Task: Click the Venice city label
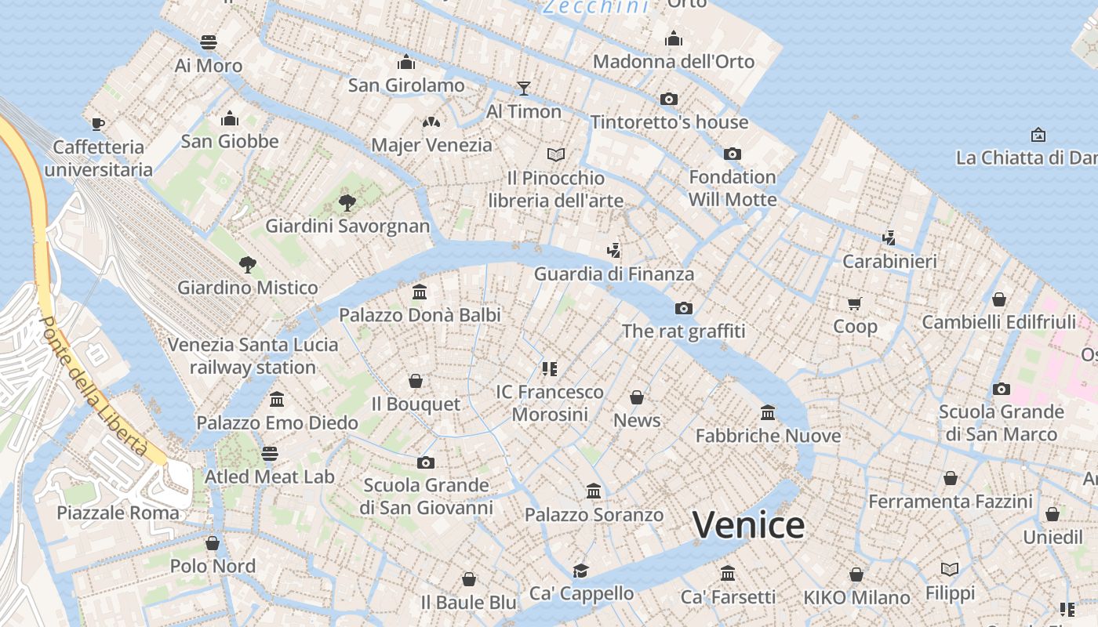click(748, 525)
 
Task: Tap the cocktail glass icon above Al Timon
click(524, 88)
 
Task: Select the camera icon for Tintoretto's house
click(669, 99)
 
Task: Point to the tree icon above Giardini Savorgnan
click(347, 203)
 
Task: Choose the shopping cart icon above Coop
click(855, 303)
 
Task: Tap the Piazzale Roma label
click(118, 513)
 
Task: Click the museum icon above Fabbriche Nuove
click(768, 412)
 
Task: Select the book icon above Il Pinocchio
click(556, 154)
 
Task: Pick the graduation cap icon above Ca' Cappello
click(580, 571)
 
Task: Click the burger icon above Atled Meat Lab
click(270, 454)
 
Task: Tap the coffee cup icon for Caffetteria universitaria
click(98, 124)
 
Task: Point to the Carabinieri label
click(889, 261)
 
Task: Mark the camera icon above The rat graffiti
click(684, 308)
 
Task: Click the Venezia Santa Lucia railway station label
click(253, 356)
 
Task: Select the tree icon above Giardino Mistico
click(248, 264)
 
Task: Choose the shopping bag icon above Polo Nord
click(213, 543)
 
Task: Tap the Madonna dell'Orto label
click(674, 61)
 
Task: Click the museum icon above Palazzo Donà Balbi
click(420, 292)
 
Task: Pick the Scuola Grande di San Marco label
click(1002, 422)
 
